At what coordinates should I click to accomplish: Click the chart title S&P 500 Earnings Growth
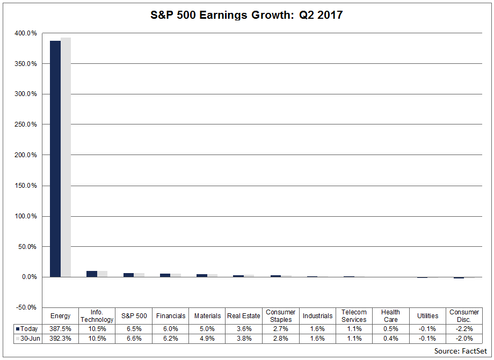click(246, 15)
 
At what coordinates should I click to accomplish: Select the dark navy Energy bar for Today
click(55, 159)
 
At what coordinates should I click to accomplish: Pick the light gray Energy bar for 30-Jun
click(66, 157)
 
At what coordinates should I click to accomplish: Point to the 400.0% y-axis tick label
click(25, 33)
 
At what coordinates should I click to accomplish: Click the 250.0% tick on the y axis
click(25, 124)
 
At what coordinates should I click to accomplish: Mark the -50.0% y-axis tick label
click(25, 307)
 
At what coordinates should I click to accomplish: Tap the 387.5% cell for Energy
click(60, 329)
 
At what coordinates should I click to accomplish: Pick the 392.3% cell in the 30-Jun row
click(60, 339)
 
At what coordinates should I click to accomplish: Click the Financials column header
click(170, 316)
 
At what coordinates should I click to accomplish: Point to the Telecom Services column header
click(354, 316)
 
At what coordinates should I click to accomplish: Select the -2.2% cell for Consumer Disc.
click(464, 329)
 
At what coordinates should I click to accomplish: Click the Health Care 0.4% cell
click(390, 339)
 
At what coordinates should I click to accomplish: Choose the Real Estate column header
click(244, 316)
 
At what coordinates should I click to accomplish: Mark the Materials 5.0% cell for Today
click(207, 329)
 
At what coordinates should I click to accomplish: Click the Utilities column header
click(427, 316)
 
